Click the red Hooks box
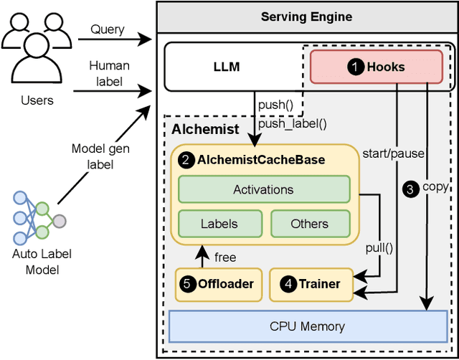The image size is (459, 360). point(376,67)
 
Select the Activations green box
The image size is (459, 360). point(263,189)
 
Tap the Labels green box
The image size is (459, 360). point(219,223)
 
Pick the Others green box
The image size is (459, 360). point(309,223)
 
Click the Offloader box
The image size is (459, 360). point(216,284)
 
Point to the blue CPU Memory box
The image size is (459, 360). point(307,326)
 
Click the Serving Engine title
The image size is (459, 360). point(307,16)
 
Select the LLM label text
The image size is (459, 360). point(226,67)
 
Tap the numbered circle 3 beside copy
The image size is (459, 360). point(410,189)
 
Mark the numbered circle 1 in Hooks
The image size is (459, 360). point(354,67)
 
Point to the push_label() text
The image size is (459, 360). point(292,123)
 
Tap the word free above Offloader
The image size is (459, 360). point(225,257)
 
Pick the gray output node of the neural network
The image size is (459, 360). point(58,222)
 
